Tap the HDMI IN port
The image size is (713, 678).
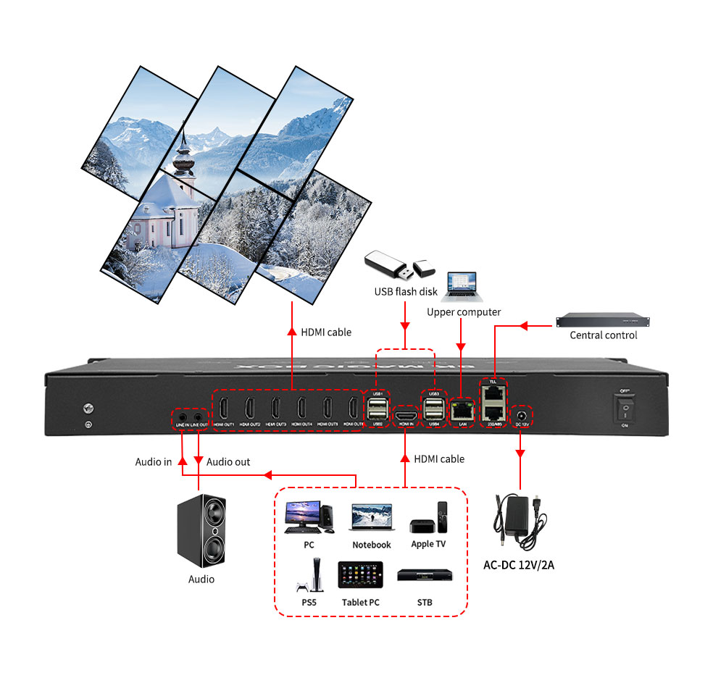tap(405, 416)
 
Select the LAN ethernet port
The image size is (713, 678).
tap(461, 411)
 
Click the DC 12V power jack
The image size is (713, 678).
tap(520, 416)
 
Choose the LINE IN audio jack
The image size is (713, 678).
tap(182, 418)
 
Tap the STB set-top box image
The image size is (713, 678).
tap(425, 577)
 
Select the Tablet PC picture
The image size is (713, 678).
tap(360, 575)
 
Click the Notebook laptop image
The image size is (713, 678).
tap(371, 519)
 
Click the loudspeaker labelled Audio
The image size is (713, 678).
tap(201, 531)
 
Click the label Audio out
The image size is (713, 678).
tap(228, 461)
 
